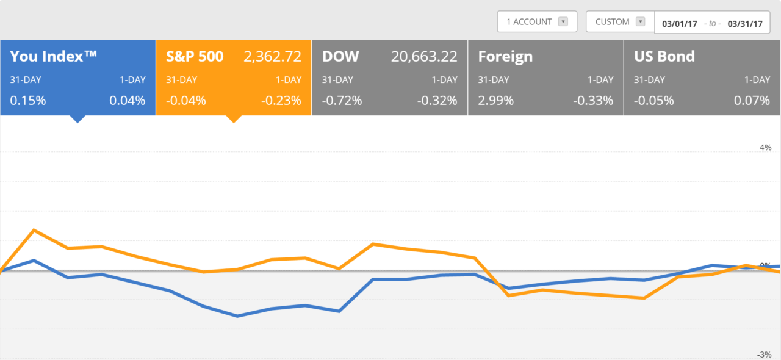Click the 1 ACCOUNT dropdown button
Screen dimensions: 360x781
pos(537,22)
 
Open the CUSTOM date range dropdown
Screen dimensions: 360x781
pos(620,22)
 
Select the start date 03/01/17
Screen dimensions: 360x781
pos(679,24)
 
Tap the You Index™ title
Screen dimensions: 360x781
pos(54,57)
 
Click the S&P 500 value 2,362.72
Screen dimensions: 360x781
pos(272,57)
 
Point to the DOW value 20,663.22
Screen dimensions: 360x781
pos(424,57)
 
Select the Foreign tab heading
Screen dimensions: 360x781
pos(505,57)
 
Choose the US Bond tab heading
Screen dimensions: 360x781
pos(664,57)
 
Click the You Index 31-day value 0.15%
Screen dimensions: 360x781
pos(28,101)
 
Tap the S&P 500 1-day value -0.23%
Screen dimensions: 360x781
pos(281,101)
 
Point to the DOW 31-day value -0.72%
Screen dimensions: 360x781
pos(342,101)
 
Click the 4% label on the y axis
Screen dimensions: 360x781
pos(765,148)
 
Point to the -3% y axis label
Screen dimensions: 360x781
pos(764,355)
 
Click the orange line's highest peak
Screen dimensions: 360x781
pos(34,230)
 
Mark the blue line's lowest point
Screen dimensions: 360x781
pos(237,316)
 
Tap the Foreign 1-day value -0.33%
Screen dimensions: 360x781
pos(593,101)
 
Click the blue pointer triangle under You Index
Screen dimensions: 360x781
pos(77,119)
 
